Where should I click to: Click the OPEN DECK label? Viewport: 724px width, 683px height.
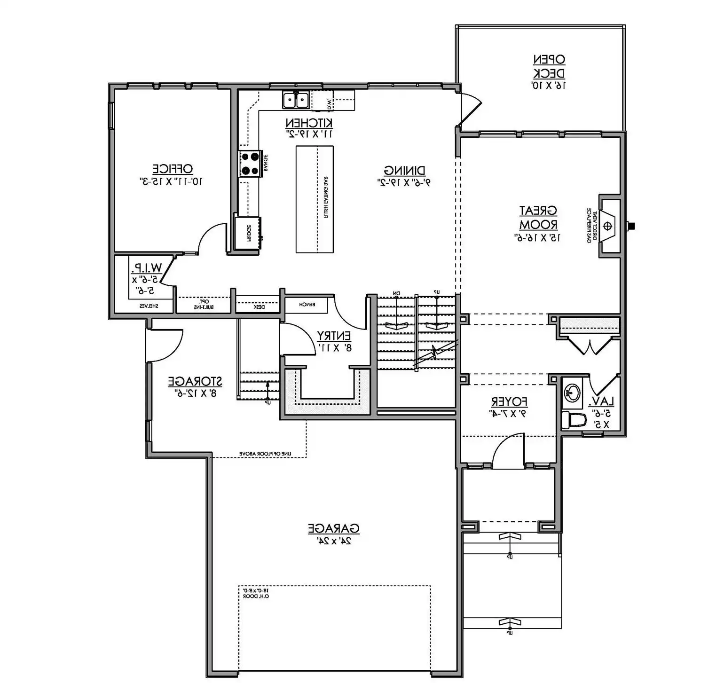click(549, 66)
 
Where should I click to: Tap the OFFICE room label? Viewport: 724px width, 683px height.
click(172, 169)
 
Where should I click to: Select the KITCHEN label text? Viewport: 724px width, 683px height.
click(309, 123)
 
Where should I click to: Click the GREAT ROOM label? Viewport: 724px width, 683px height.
click(538, 217)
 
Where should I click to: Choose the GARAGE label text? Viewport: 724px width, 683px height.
click(334, 528)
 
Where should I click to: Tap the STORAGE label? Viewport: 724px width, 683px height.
click(195, 381)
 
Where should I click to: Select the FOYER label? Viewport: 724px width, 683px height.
click(509, 402)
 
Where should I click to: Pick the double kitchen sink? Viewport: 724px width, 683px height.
click(296, 100)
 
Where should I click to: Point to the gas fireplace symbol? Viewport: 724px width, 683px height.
click(608, 227)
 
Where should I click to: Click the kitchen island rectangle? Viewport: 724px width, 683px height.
click(315, 199)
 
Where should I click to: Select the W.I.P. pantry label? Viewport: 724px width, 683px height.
click(146, 268)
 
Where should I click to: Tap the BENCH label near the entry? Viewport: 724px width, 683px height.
click(307, 305)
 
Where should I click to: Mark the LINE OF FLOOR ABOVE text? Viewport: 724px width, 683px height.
click(266, 454)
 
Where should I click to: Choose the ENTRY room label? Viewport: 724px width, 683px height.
click(334, 336)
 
